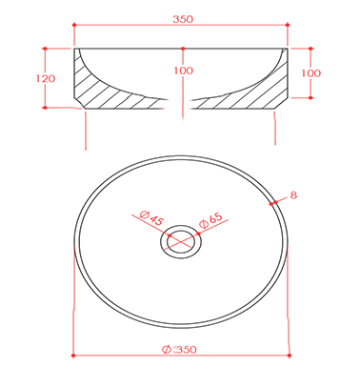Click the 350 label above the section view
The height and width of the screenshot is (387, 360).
[x=183, y=19]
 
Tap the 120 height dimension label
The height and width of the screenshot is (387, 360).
[x=46, y=78]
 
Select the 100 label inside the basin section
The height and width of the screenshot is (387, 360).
[x=183, y=71]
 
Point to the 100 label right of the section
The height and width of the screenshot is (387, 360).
[x=311, y=73]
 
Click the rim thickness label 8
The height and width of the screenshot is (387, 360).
[x=293, y=194]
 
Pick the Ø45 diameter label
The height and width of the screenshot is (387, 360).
[x=151, y=218]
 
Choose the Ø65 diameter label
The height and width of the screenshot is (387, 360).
[x=210, y=220]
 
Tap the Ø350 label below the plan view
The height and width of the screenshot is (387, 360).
[x=179, y=350]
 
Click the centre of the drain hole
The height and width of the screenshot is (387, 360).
[x=181, y=241]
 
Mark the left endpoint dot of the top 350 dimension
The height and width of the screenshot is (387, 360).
[x=74, y=25]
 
